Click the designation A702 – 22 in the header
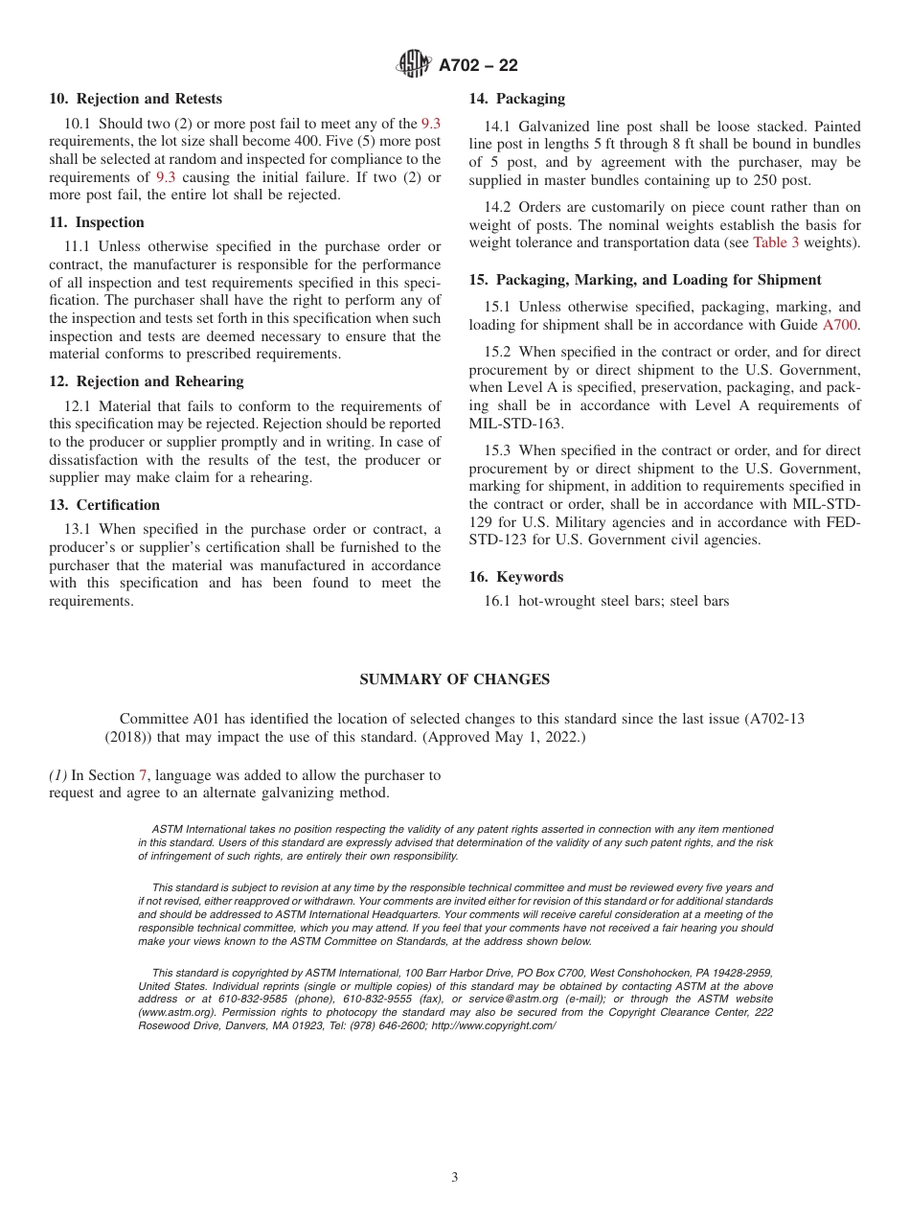tap(478, 66)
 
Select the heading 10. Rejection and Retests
tap(135, 99)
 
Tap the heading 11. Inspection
tap(97, 222)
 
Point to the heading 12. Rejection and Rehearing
tap(147, 381)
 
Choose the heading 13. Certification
tap(104, 505)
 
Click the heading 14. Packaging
tap(516, 99)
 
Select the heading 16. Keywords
tap(515, 577)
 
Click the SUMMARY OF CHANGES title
tap(455, 679)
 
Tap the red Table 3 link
tap(776, 242)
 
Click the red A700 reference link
tap(840, 325)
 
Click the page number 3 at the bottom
tap(455, 1178)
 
